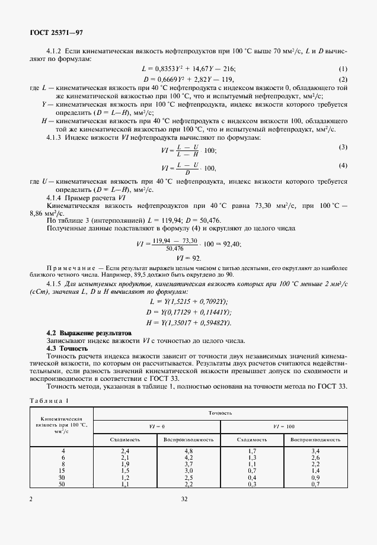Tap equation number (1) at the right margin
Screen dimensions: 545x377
tap(343, 69)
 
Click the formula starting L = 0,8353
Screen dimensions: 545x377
tap(188, 69)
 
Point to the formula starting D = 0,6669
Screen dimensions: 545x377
tap(188, 79)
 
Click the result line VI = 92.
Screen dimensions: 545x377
tap(188, 258)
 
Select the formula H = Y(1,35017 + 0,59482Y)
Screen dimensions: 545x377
tap(188, 322)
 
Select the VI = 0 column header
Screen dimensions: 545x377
tap(156, 426)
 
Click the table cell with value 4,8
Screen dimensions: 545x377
tap(188, 451)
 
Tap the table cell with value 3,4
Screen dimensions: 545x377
tap(315, 451)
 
